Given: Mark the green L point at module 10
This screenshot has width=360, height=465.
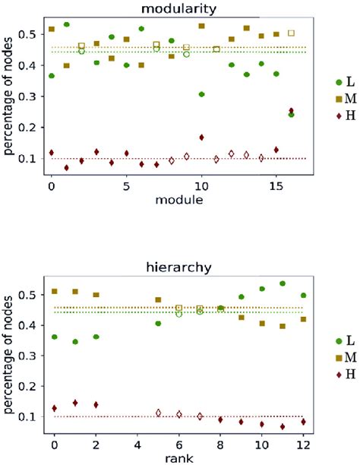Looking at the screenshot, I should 201,94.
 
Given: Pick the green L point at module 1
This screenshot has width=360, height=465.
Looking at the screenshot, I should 67,25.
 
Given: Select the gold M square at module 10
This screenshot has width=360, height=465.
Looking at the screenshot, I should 201,27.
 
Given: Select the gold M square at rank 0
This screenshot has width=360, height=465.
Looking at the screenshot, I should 54,291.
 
